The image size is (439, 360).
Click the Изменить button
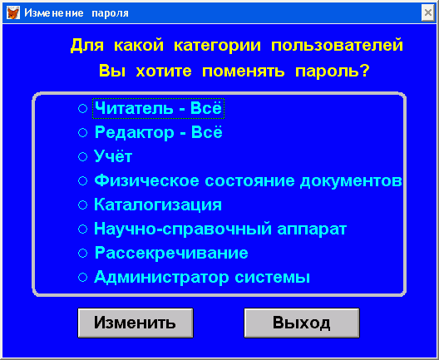coord(136,323)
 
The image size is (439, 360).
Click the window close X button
coord(428,12)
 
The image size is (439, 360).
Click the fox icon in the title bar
coord(12,12)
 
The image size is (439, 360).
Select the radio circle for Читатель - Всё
coord(82,108)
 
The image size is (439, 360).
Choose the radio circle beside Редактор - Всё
coord(82,132)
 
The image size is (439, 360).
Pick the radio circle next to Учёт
coord(82,156)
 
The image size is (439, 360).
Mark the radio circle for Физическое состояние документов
coord(82,181)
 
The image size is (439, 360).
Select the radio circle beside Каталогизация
coord(82,205)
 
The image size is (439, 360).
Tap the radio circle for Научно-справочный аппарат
coord(82,229)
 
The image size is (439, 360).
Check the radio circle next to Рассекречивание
coord(82,253)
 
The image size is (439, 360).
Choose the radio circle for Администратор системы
coord(82,278)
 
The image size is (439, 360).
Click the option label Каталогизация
coord(158,205)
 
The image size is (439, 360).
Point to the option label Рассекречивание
coord(171,253)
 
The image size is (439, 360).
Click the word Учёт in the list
coord(113,156)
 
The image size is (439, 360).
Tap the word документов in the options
coord(351,181)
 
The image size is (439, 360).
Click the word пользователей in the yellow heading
coord(337,45)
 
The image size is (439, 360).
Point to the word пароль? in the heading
coord(333,72)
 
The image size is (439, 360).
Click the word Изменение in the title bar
coord(54,12)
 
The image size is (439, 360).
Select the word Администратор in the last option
coord(161,278)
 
